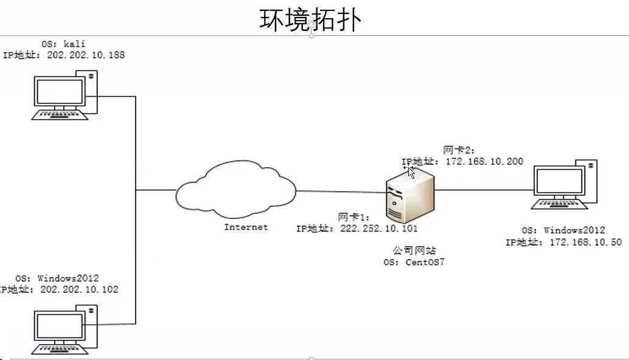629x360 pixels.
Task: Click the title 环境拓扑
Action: pyautogui.click(x=310, y=19)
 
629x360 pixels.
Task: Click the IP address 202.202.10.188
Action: pyautogui.click(x=86, y=55)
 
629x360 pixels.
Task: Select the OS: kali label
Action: pyautogui.click(x=63, y=44)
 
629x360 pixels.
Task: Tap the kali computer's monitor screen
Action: pyautogui.click(x=60, y=92)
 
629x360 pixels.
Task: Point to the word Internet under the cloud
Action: pyautogui.click(x=246, y=227)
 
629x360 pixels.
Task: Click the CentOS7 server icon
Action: pyautogui.click(x=410, y=195)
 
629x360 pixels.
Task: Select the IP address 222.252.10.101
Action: pyautogui.click(x=379, y=229)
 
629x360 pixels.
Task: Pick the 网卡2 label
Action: pyautogui.click(x=459, y=150)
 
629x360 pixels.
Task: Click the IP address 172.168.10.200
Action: pyautogui.click(x=485, y=161)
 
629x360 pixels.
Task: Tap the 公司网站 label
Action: pyautogui.click(x=414, y=251)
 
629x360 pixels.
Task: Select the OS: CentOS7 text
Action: pyautogui.click(x=414, y=262)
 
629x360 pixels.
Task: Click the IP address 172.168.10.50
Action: pyautogui.click(x=586, y=242)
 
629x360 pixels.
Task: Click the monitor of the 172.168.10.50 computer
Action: pyautogui.click(x=559, y=181)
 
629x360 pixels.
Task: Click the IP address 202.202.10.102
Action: pyautogui.click(x=80, y=289)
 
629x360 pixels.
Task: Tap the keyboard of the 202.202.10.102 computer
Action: pyautogui.click(x=60, y=350)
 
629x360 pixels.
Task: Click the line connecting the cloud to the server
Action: pyautogui.click(x=341, y=192)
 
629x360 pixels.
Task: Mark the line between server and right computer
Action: pyautogui.click(x=484, y=190)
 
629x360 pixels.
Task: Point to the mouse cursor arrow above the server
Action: pyautogui.click(x=411, y=172)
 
